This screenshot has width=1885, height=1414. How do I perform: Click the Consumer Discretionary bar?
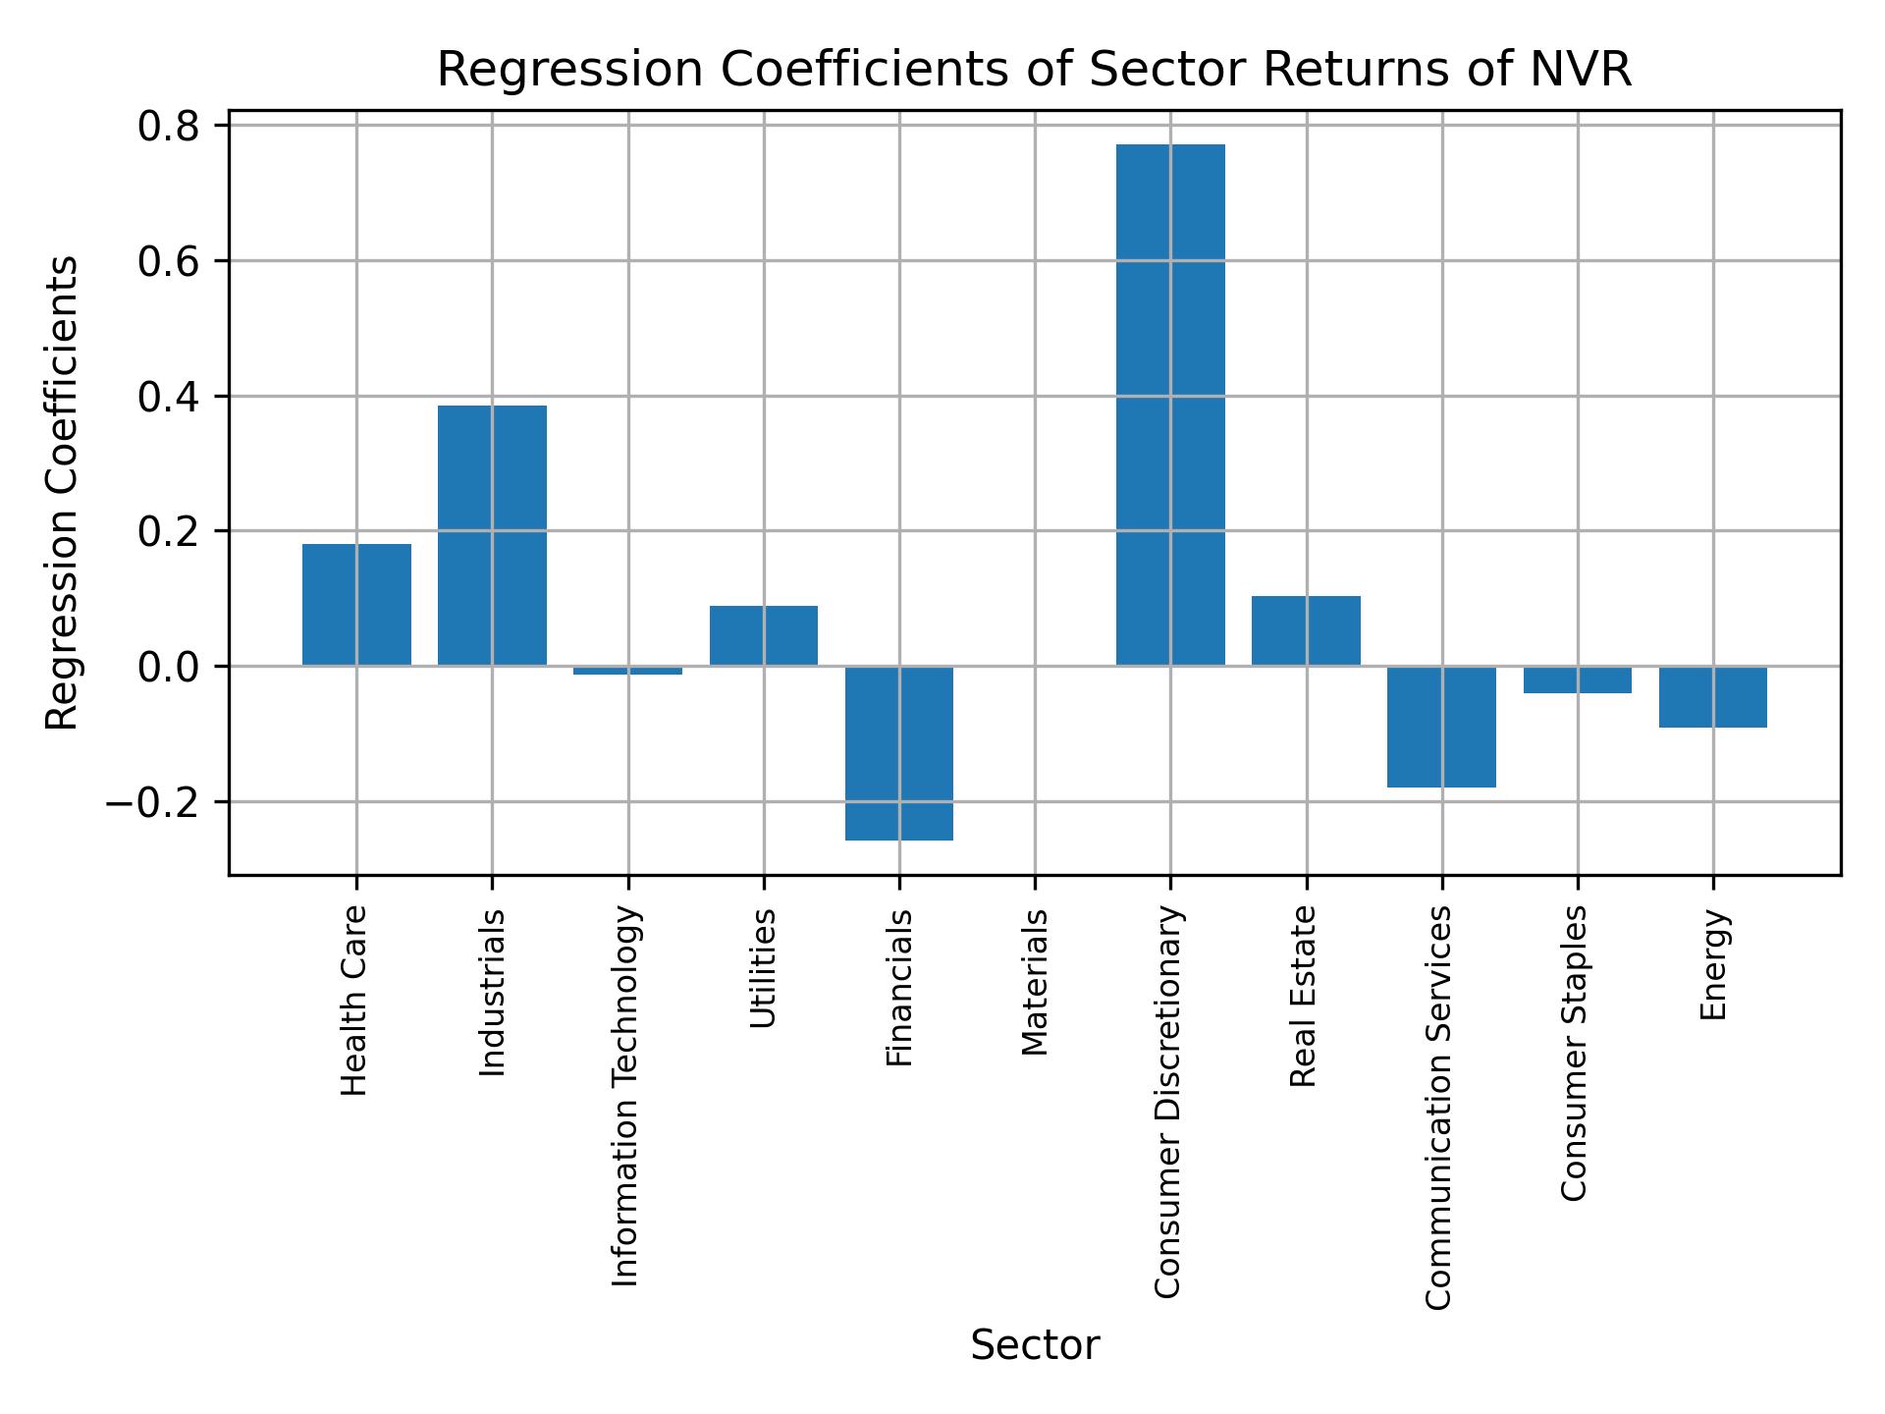1170,405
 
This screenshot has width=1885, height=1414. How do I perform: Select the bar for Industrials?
492,535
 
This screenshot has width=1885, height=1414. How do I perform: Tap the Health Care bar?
356,605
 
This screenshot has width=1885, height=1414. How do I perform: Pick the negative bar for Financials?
899,753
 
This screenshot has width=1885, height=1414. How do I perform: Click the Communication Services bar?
1441,727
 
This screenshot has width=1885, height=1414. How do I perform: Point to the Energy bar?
1712,697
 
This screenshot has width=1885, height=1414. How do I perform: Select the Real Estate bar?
1306,630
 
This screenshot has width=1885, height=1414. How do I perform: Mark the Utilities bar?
764,635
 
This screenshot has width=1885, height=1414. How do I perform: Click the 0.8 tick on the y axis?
169,127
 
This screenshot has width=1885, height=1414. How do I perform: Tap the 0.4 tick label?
169,397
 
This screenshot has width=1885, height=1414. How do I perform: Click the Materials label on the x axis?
1035,983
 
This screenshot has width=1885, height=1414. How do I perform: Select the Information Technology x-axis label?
626,1096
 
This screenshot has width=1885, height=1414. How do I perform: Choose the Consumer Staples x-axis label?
1575,1053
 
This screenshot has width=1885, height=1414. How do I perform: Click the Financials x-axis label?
899,988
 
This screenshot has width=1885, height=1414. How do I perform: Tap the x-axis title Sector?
1035,1345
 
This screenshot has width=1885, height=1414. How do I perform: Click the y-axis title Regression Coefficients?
63,493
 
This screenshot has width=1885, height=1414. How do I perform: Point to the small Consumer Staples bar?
1577,680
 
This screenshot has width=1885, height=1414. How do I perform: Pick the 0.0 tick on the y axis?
169,667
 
